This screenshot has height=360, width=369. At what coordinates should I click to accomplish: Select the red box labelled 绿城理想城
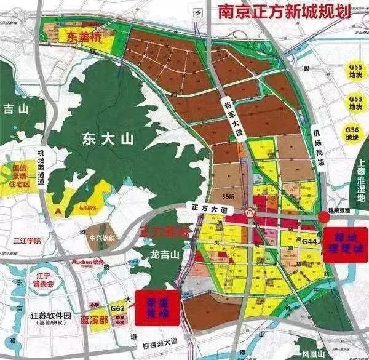tap(344, 244)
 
